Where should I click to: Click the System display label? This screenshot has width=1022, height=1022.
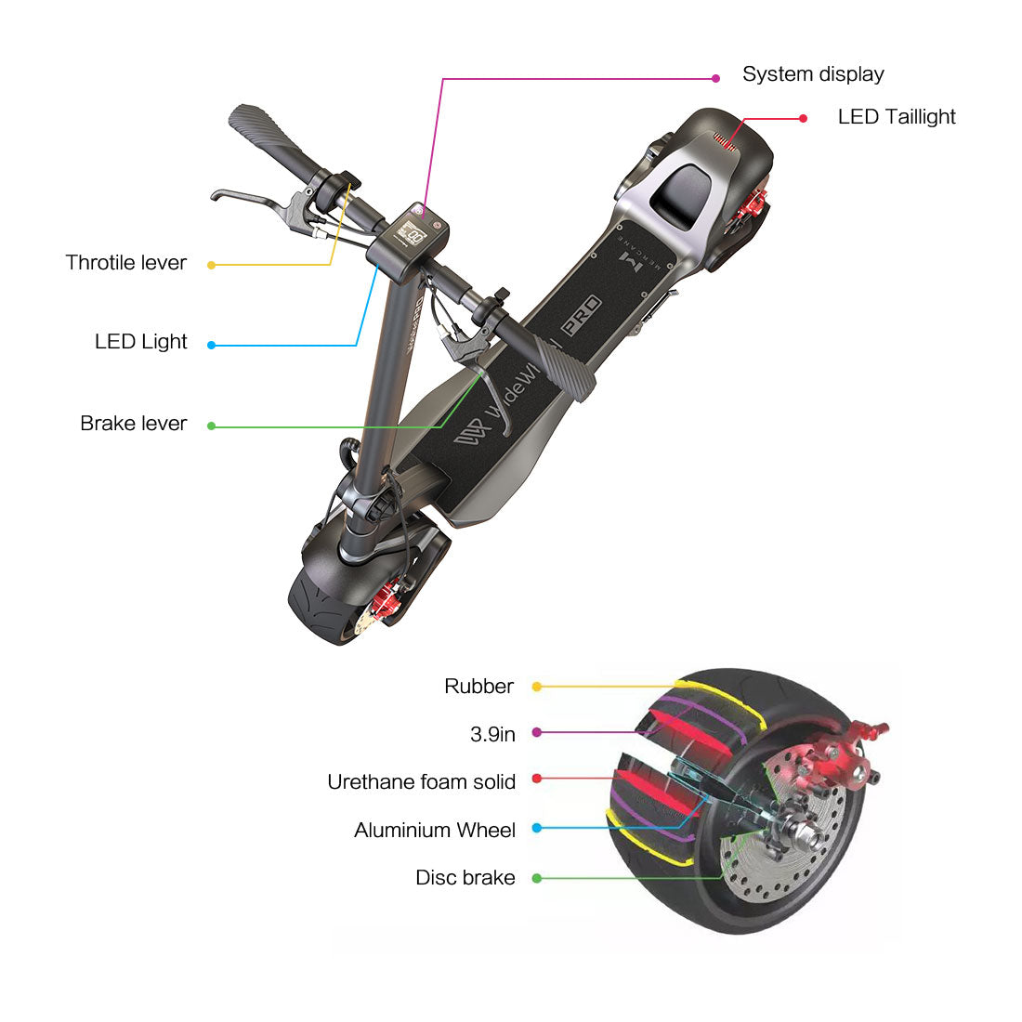point(813,74)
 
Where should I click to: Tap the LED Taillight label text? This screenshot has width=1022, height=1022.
point(897,117)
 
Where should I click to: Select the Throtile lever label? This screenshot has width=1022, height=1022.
point(126,263)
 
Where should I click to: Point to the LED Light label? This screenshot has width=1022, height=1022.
point(141,342)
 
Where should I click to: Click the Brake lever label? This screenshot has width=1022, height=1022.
point(134,424)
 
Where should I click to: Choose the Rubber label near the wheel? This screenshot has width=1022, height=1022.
point(478,687)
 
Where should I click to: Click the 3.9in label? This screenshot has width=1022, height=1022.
point(492,734)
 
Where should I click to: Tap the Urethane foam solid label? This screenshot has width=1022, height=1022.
point(421,782)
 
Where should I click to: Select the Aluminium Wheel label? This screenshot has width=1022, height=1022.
point(435,831)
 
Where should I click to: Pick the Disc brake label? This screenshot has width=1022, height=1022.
point(465,878)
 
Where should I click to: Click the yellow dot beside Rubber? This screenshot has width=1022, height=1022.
point(536,687)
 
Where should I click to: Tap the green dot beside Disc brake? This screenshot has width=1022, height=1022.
point(537,878)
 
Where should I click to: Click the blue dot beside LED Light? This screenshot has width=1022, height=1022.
point(212,345)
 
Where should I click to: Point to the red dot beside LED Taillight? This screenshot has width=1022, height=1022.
point(804,119)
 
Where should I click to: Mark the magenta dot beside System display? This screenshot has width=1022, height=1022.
point(715,79)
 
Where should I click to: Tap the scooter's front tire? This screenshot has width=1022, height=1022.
point(321,604)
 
